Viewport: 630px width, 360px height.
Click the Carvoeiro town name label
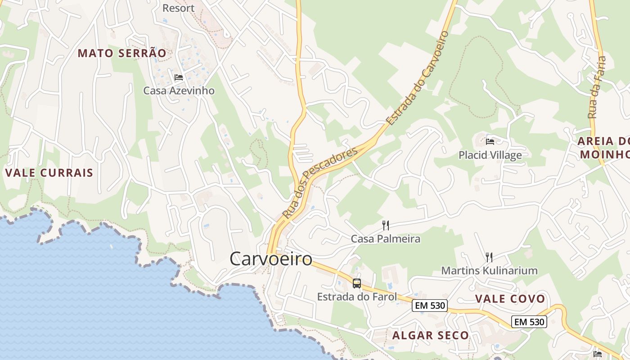[270, 259]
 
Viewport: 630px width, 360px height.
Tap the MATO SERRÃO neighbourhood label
[122, 53]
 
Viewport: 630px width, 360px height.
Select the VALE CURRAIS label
[49, 173]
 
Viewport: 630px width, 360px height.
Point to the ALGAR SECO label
[431, 335]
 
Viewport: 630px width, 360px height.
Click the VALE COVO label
[510, 299]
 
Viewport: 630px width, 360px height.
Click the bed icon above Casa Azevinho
[179, 77]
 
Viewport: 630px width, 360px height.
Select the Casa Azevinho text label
[179, 90]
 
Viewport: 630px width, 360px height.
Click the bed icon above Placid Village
[490, 142]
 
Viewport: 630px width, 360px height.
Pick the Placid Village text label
[490, 155]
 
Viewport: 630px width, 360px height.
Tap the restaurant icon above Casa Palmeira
[386, 225]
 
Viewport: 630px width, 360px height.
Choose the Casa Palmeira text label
[386, 239]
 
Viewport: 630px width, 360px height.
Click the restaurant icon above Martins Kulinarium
[489, 257]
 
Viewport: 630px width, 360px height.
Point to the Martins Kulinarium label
[489, 270]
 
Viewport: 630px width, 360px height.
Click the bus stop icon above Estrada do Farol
[357, 283]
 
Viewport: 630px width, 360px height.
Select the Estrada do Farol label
[357, 297]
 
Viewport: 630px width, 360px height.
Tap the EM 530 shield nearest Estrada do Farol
[430, 306]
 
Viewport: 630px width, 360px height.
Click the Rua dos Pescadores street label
[320, 181]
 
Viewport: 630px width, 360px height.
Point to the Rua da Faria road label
[597, 88]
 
